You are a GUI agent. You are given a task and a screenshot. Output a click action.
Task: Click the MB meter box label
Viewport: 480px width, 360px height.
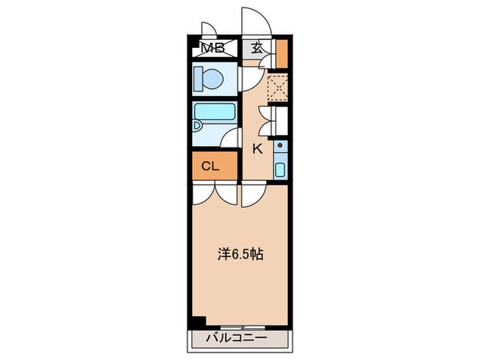pyautogui.click(x=213, y=48)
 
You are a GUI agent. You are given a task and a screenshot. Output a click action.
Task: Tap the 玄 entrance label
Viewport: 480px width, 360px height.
pyautogui.click(x=256, y=48)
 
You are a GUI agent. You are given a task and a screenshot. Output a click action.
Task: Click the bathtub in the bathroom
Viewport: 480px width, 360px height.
pyautogui.click(x=214, y=112)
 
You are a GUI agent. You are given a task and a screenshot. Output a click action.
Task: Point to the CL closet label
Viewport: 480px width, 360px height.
pyautogui.click(x=210, y=165)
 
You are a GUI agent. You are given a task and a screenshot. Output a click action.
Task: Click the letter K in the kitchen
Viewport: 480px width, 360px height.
pyautogui.click(x=258, y=149)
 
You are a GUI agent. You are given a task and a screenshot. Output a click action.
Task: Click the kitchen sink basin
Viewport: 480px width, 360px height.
pyautogui.click(x=280, y=169)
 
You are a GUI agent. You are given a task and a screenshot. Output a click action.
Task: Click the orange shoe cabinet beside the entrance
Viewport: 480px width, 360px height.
pyautogui.click(x=280, y=54)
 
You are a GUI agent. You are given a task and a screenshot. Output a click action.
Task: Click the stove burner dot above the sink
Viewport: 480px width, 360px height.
pyautogui.click(x=280, y=147)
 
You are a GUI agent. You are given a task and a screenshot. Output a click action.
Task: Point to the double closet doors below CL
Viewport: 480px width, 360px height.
pyautogui.click(x=215, y=193)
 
